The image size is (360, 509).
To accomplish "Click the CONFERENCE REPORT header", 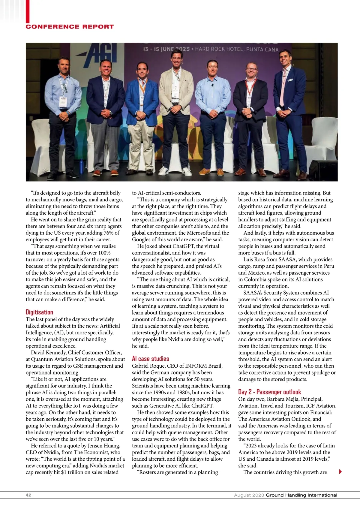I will click(70, 27).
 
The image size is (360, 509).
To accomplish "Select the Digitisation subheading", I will click(39, 312).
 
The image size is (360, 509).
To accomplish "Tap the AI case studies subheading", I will click(150, 359).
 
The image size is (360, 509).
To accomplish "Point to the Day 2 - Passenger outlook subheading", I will click(269, 392).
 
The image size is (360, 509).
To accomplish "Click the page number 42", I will click(28, 495).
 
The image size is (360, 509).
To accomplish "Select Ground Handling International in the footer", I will click(301, 495).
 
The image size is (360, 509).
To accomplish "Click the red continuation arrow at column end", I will click(340, 471).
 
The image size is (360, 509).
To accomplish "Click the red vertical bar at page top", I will click(28, 11).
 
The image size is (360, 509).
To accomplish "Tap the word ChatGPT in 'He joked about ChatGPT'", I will click(184, 246).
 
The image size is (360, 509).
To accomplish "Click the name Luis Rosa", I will click(254, 259).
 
